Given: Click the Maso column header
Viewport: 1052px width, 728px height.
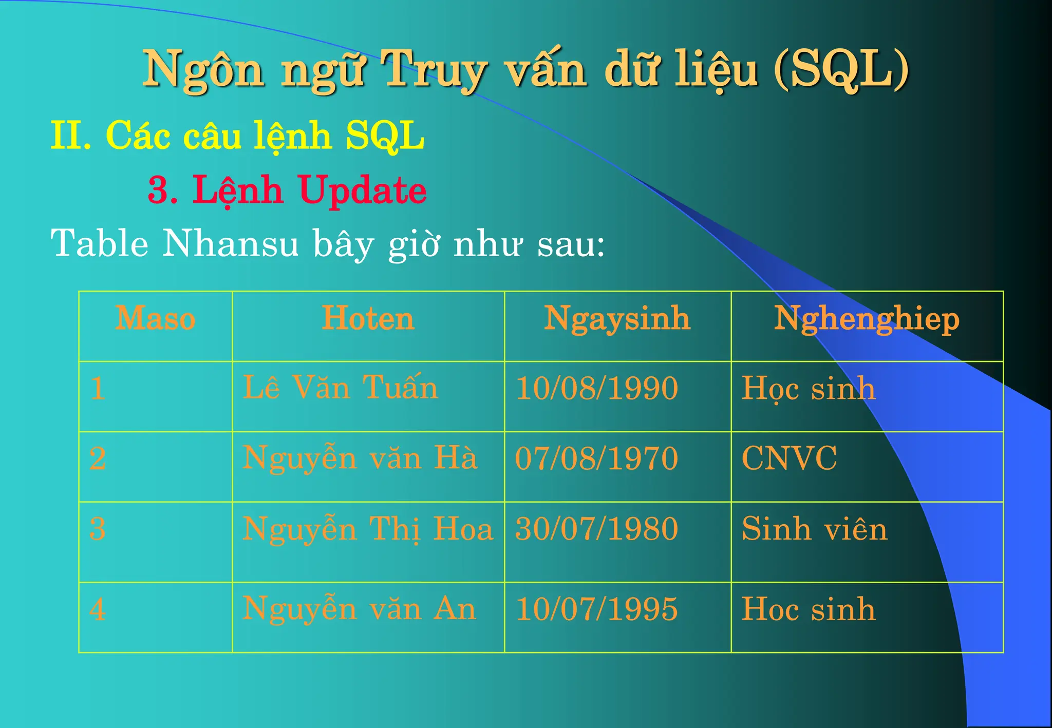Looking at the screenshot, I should (155, 319).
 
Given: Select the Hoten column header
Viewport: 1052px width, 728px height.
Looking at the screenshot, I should (368, 319).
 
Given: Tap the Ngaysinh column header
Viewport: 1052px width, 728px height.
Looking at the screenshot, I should (617, 319).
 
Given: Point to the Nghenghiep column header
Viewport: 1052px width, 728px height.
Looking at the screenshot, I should (867, 319).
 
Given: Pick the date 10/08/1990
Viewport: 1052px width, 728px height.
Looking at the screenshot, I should (596, 388).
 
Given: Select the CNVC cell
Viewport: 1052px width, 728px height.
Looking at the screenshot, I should (789, 458).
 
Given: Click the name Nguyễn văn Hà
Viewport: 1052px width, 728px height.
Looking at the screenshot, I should (360, 458).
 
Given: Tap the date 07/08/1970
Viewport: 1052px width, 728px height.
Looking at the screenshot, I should (596, 458).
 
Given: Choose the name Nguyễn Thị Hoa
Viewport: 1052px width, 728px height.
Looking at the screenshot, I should (367, 529).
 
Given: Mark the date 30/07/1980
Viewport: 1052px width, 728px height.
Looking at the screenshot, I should (596, 529).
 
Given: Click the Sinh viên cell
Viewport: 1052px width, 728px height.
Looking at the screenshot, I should (814, 529).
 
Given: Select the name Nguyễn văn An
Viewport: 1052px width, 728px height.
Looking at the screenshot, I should (359, 609).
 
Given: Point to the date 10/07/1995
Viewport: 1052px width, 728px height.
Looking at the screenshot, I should (596, 609).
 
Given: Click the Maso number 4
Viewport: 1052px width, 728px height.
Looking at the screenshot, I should (98, 610).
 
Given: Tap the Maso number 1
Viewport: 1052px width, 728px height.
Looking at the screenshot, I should (98, 388).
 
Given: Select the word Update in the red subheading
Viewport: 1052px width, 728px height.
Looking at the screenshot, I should (362, 190).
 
